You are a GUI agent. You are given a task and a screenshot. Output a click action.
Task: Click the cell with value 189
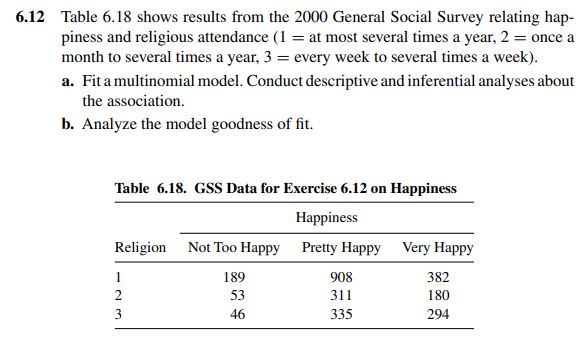233,277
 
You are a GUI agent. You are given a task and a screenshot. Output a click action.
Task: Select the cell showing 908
340,277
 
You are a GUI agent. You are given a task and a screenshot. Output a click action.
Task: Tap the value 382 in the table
437,277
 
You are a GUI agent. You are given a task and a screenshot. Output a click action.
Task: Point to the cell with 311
340,296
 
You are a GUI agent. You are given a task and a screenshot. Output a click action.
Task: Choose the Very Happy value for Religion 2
437,296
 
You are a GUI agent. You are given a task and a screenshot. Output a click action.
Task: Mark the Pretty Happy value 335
340,314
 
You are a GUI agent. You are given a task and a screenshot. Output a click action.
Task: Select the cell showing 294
437,314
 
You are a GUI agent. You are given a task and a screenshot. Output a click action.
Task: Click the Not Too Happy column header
233,247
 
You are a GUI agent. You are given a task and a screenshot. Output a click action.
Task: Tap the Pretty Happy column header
340,247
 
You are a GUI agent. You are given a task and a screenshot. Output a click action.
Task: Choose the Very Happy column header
437,247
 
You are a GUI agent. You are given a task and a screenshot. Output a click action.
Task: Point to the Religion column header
140,247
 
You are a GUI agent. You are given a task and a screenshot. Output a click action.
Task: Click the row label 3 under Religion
119,314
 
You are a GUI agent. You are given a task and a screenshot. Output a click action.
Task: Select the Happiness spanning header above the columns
329,216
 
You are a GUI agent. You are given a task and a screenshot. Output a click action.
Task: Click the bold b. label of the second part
68,124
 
